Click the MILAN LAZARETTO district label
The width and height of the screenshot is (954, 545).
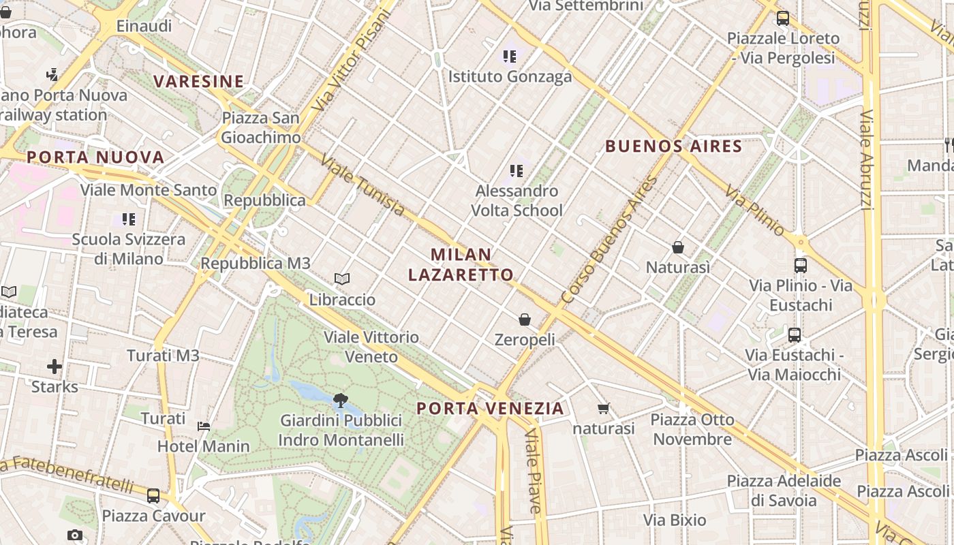[x=461, y=264]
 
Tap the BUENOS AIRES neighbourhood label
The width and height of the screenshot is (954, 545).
[x=673, y=146]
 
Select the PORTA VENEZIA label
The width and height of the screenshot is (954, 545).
[x=490, y=409]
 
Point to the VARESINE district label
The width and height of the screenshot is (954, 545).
[x=198, y=82]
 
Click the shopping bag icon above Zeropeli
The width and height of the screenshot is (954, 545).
[x=525, y=320]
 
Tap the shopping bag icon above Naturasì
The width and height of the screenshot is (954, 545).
[x=678, y=247]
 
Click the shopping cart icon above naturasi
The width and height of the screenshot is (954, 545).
[x=603, y=409]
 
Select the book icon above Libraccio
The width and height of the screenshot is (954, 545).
[x=342, y=279]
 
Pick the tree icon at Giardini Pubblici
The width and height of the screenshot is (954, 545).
[x=341, y=401]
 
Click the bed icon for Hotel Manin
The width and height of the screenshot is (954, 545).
[x=204, y=426]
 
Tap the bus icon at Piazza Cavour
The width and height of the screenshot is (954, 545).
[x=153, y=495]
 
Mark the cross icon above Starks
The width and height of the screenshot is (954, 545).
[x=55, y=367]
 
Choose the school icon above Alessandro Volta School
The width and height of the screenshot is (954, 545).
[x=517, y=171]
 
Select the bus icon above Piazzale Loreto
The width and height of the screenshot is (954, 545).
[x=782, y=18]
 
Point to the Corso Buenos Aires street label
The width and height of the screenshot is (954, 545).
[x=610, y=240]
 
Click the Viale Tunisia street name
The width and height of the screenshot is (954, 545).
[x=363, y=186]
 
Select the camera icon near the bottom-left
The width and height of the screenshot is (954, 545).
[x=75, y=535]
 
